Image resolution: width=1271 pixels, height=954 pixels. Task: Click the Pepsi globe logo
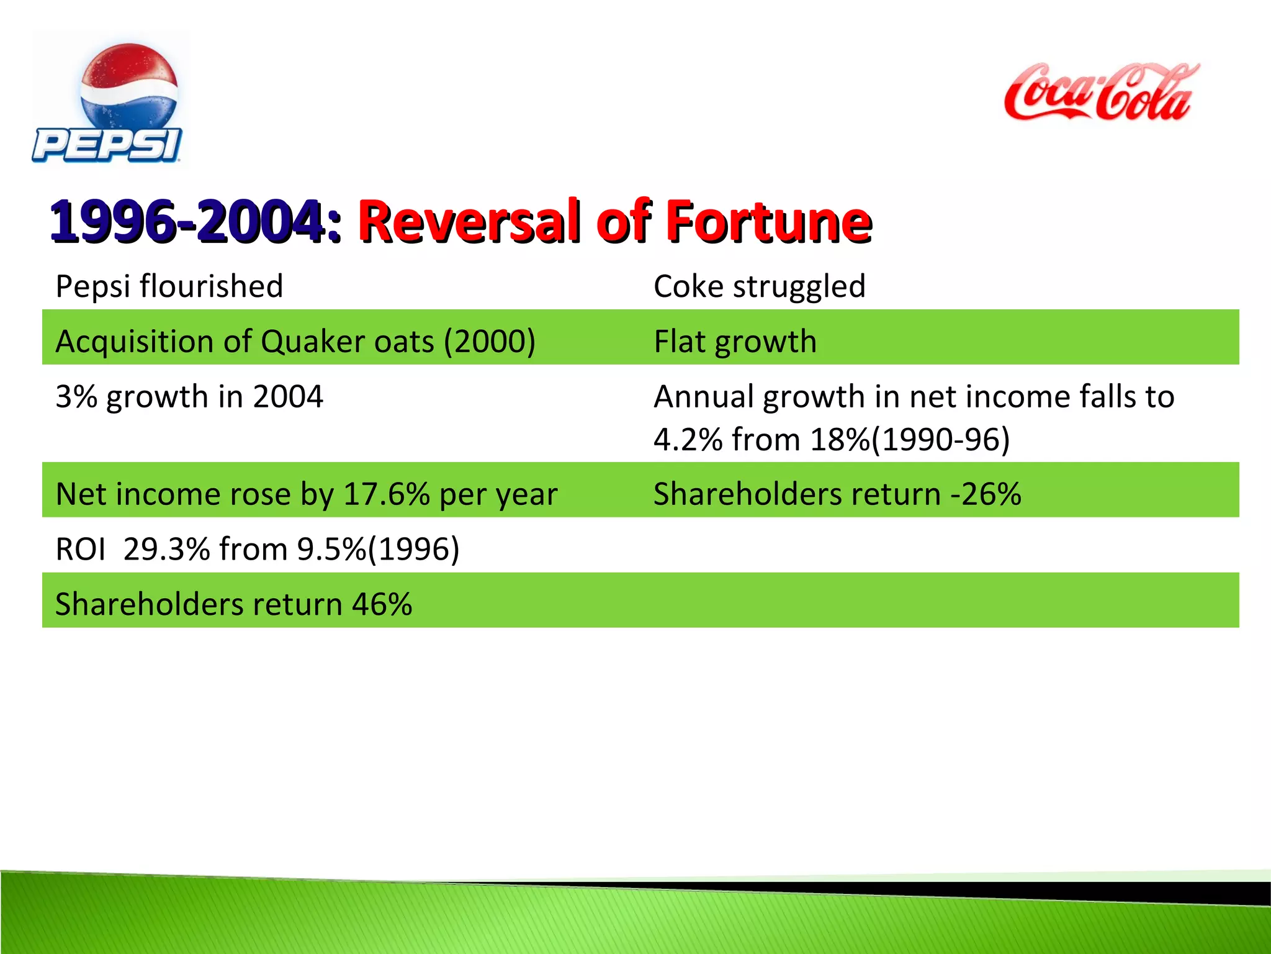pos(129,84)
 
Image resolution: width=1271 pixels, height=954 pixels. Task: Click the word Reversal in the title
pos(470,222)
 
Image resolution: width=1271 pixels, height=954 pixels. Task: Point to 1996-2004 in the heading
pos(186,222)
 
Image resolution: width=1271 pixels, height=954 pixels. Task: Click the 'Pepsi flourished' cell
pos(169,287)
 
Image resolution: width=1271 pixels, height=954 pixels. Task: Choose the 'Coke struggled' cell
pos(759,287)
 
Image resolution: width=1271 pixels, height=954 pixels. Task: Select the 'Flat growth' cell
pos(735,342)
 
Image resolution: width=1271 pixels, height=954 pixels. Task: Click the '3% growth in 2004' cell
pos(189,396)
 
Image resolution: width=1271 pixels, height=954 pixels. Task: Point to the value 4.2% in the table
pos(688,440)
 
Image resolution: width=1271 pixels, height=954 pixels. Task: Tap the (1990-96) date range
pos(941,440)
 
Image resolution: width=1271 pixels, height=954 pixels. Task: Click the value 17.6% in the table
pos(387,494)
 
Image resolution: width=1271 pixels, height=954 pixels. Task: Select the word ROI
pos(80,550)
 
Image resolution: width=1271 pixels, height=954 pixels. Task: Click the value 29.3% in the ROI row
pos(166,550)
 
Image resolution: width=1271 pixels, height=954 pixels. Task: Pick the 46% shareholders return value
pos(382,604)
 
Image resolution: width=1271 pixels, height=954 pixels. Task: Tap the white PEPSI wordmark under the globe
pos(107,146)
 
